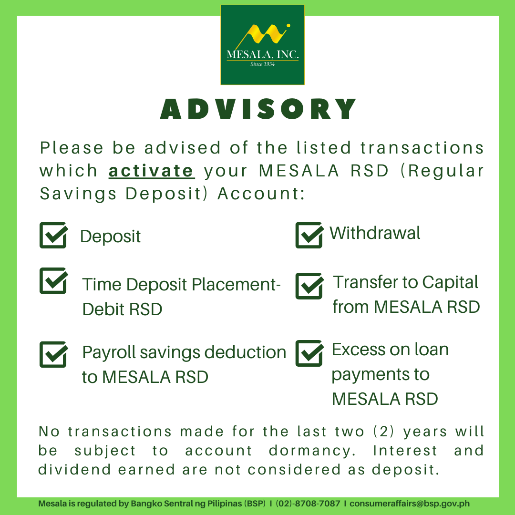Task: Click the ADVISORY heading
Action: coord(258,109)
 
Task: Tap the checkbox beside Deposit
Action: coord(53,235)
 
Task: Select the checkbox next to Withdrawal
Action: coord(309,235)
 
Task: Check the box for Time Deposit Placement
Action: coord(53,280)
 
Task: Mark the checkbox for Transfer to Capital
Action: coord(309,286)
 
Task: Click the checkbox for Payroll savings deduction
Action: coord(53,354)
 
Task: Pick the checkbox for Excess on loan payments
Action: coord(309,353)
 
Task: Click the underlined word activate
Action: coord(152,171)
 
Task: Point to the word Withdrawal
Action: coord(375,233)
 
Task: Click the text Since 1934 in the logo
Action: coord(262,64)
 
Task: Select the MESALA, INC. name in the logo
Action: coord(262,54)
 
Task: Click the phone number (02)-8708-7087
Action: coord(308,504)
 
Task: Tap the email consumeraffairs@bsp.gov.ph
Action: coord(410,504)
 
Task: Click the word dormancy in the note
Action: coord(312,451)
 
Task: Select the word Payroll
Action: coord(109,353)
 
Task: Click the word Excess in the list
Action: coord(357,350)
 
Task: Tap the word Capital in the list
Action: coord(450,283)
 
